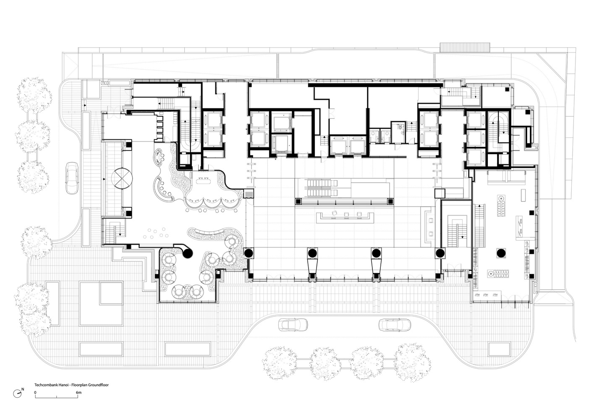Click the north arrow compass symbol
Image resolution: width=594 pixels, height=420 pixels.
click(x=17, y=394)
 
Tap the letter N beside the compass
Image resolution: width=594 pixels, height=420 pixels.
click(x=23, y=389)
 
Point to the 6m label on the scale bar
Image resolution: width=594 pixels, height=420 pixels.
click(x=79, y=392)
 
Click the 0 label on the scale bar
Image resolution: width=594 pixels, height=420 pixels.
click(x=35, y=392)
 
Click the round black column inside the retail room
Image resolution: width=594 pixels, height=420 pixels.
click(x=501, y=253)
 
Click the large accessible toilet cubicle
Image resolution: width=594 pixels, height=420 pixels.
click(x=398, y=132)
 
